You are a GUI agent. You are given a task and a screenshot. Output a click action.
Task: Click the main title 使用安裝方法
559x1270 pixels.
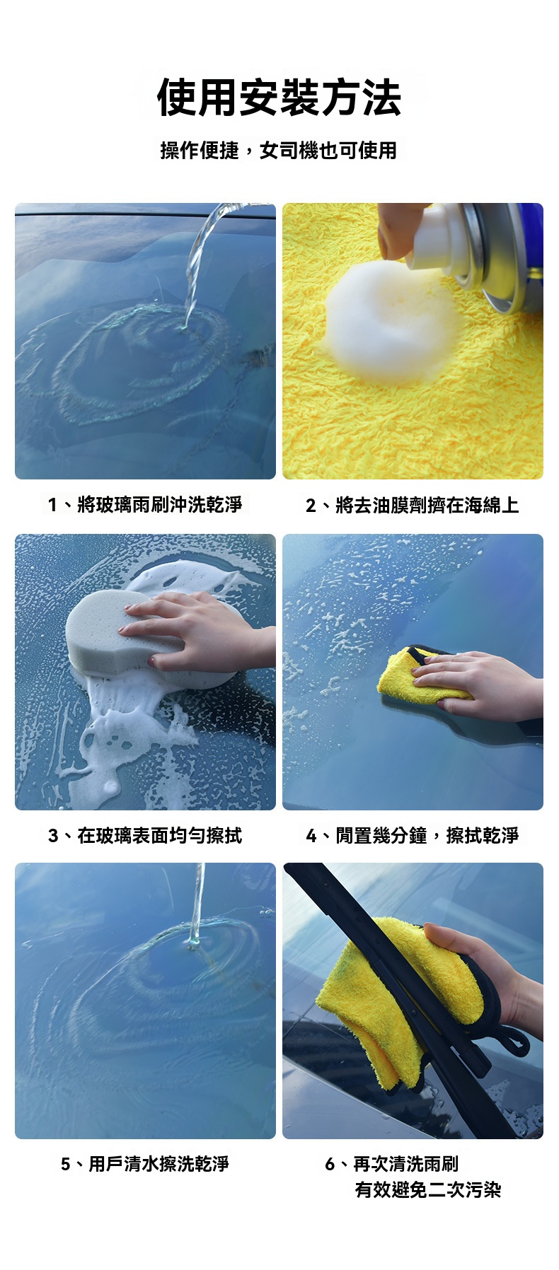coord(279,97)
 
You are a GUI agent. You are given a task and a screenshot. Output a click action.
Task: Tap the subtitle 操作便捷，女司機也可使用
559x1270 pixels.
coord(279,150)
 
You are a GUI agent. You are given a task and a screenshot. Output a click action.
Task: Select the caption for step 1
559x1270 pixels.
coord(145,504)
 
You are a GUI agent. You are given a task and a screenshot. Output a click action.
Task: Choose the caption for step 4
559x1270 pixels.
coord(413,835)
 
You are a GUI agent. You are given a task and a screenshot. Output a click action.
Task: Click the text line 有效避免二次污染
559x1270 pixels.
coord(427,1189)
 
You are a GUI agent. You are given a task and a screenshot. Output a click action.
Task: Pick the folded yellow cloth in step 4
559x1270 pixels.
coord(417,675)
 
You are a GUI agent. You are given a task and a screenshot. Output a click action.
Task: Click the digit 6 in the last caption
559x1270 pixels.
coord(330,1164)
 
